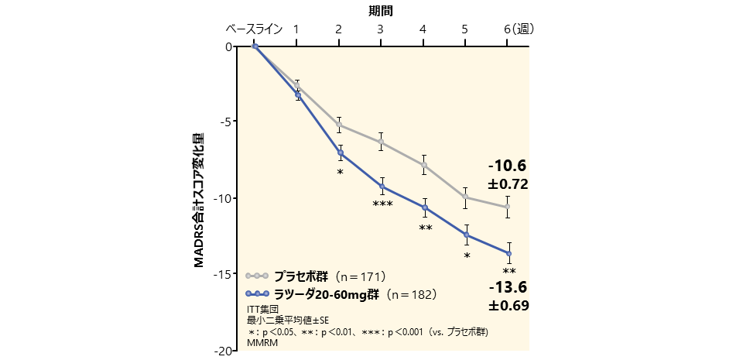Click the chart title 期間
click(381, 10)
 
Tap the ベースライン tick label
click(255, 29)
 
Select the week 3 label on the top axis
click(381, 29)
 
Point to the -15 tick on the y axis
click(225, 274)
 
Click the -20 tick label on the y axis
click(225, 350)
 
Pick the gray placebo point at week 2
click(339, 124)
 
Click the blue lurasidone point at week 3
click(382, 186)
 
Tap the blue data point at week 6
click(508, 253)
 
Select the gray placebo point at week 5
click(466, 197)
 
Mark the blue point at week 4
click(424, 207)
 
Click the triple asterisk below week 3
click(382, 204)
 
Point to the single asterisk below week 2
click(340, 172)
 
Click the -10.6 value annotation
click(507, 166)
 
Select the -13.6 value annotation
click(507, 287)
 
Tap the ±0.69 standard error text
click(508, 306)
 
